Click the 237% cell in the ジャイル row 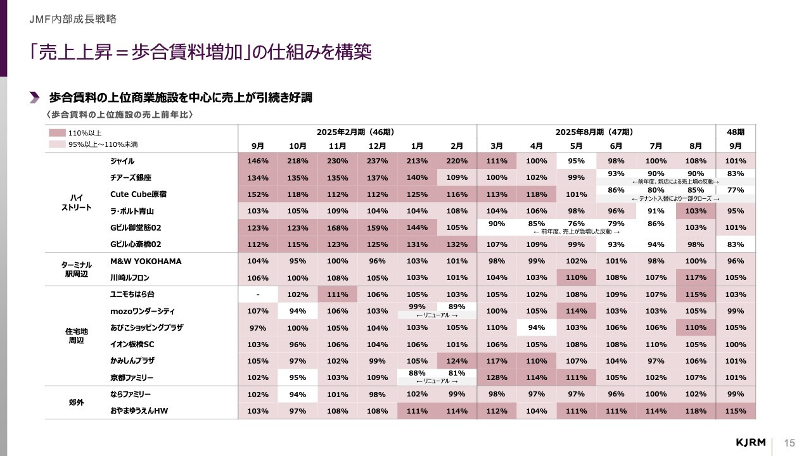coord(377,161)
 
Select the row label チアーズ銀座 coord(131,177)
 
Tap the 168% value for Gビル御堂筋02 coord(338,227)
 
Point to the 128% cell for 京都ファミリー coord(497,377)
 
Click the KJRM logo coord(751,441)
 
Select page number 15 coord(789,442)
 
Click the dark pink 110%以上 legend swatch coord(57,133)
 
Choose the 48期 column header coord(736,132)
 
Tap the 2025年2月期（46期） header coord(357,132)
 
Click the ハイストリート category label coord(77,203)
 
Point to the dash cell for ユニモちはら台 coord(258,294)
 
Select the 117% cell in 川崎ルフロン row coord(696,277)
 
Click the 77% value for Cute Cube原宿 coord(736,190)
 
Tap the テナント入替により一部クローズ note coord(675,198)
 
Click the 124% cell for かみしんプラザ coord(457,361)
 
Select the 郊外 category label coord(77,402)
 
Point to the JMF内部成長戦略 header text coord(73,19)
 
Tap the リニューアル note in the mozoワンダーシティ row coord(437,315)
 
